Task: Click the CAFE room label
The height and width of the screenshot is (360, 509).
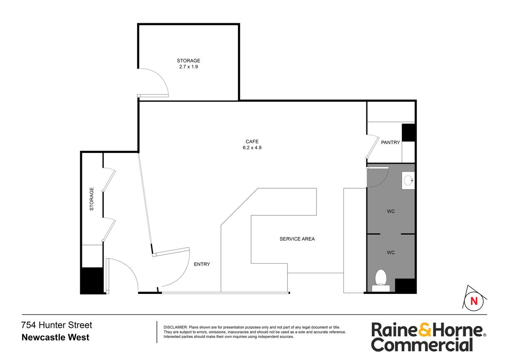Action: pyautogui.click(x=252, y=141)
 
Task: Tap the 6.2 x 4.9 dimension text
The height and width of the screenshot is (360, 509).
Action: pyautogui.click(x=252, y=148)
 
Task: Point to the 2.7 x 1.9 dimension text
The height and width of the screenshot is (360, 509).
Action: pyautogui.click(x=188, y=67)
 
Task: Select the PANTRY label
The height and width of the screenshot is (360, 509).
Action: pyautogui.click(x=390, y=143)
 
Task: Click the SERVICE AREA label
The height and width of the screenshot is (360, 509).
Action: pyautogui.click(x=297, y=239)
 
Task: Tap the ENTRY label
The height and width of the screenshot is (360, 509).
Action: pyautogui.click(x=202, y=264)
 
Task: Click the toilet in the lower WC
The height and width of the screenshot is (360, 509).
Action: pyautogui.click(x=381, y=280)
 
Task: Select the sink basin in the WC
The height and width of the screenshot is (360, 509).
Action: pyautogui.click(x=408, y=180)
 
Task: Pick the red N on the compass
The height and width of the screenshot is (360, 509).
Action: pyautogui.click(x=474, y=301)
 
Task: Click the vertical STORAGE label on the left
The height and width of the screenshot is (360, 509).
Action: pyautogui.click(x=91, y=199)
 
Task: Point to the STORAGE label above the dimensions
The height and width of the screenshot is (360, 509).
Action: pyautogui.click(x=188, y=61)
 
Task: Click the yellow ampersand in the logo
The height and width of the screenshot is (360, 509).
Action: pyautogui.click(x=425, y=330)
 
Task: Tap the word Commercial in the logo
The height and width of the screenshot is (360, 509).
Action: pyautogui.click(x=422, y=345)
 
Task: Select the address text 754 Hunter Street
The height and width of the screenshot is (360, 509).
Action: pyautogui.click(x=57, y=325)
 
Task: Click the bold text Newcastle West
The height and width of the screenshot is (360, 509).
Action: pyautogui.click(x=55, y=337)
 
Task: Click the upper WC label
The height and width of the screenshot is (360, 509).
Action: pyautogui.click(x=390, y=212)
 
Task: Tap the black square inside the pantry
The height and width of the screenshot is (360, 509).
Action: pyautogui.click(x=408, y=133)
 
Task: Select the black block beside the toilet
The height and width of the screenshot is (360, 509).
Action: pyautogui.click(x=405, y=286)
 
